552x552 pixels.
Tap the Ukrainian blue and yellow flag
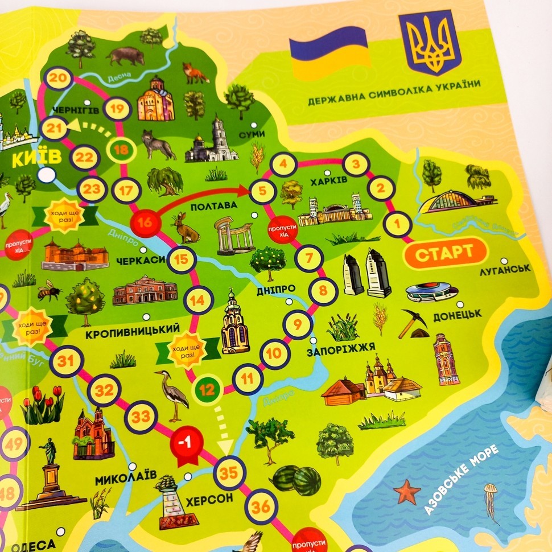[x=328, y=51]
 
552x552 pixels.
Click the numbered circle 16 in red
[x=145, y=222]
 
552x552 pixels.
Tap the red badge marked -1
[x=184, y=442]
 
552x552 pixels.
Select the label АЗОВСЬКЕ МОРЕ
[x=462, y=480]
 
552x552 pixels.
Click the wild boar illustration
[x=125, y=55]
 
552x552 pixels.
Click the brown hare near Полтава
[x=184, y=227]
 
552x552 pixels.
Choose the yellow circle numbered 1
[x=397, y=224]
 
